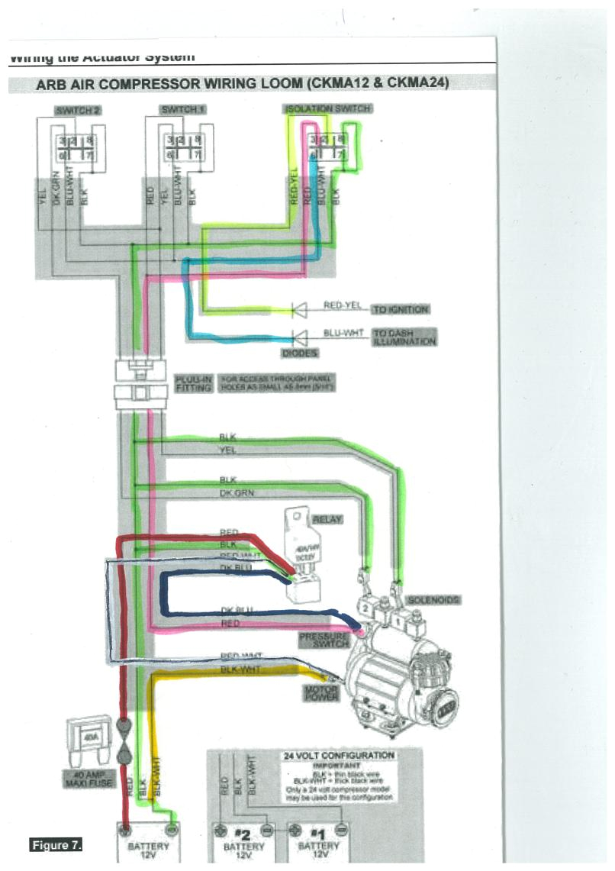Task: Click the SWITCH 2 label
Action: tap(78, 111)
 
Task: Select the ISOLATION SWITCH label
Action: tap(328, 109)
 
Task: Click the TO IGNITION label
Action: tap(401, 310)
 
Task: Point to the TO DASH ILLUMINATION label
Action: tap(404, 337)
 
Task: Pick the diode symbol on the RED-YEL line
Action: tap(298, 310)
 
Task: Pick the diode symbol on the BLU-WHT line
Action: tap(298, 336)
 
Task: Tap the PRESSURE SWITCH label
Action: tap(324, 640)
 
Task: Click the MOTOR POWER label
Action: tap(321, 693)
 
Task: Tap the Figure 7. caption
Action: tap(56, 845)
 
